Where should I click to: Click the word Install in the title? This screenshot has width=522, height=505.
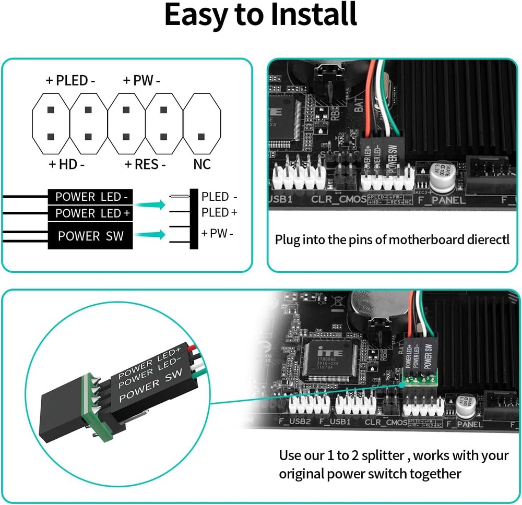pyautogui.click(x=313, y=15)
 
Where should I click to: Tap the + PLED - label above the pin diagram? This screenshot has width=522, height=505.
pyautogui.click(x=70, y=81)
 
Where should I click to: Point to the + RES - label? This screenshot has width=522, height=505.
pyautogui.click(x=145, y=164)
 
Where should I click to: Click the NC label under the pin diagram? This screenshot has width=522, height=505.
pyautogui.click(x=201, y=164)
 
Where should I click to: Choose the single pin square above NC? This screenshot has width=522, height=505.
pyautogui.click(x=201, y=136)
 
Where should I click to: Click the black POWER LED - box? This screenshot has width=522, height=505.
pyautogui.click(x=90, y=197)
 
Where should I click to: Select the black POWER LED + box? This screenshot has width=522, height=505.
pyautogui.click(x=90, y=213)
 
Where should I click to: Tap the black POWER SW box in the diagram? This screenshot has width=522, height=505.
pyautogui.click(x=90, y=236)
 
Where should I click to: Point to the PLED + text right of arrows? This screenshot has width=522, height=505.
pyautogui.click(x=219, y=212)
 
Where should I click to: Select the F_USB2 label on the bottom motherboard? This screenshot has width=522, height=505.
pyautogui.click(x=294, y=422)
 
